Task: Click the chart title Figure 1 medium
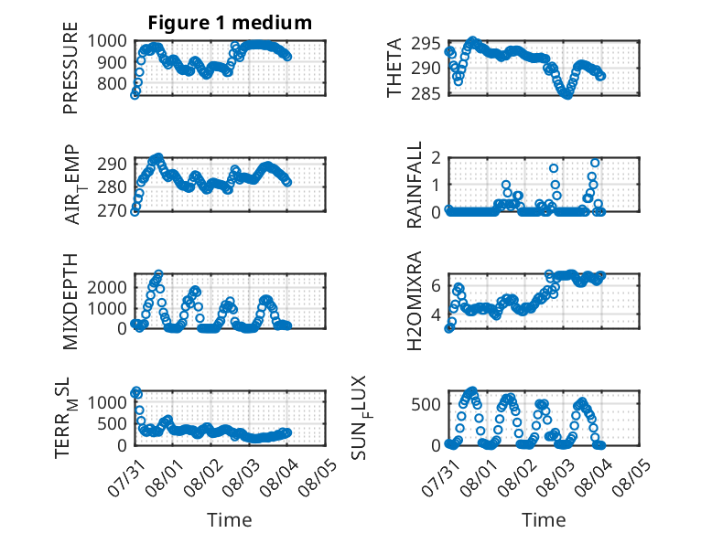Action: (230, 23)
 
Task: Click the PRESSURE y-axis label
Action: (70, 68)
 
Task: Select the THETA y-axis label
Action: (394, 68)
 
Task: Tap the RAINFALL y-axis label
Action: (415, 185)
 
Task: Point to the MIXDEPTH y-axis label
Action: (70, 302)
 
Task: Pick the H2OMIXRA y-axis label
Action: (415, 301)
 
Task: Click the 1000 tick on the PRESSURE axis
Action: (107, 41)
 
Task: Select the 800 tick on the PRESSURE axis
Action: (113, 83)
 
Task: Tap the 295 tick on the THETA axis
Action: (426, 44)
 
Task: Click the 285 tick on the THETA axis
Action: (426, 93)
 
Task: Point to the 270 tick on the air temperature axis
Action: (113, 210)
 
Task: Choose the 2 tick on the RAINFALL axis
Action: (437, 158)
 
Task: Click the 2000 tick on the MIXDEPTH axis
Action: (107, 287)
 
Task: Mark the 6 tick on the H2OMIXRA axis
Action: (437, 286)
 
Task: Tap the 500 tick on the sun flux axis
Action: (426, 404)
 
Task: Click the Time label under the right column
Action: (544, 520)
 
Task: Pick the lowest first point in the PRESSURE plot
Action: (135, 95)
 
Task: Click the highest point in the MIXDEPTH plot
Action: (158, 274)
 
